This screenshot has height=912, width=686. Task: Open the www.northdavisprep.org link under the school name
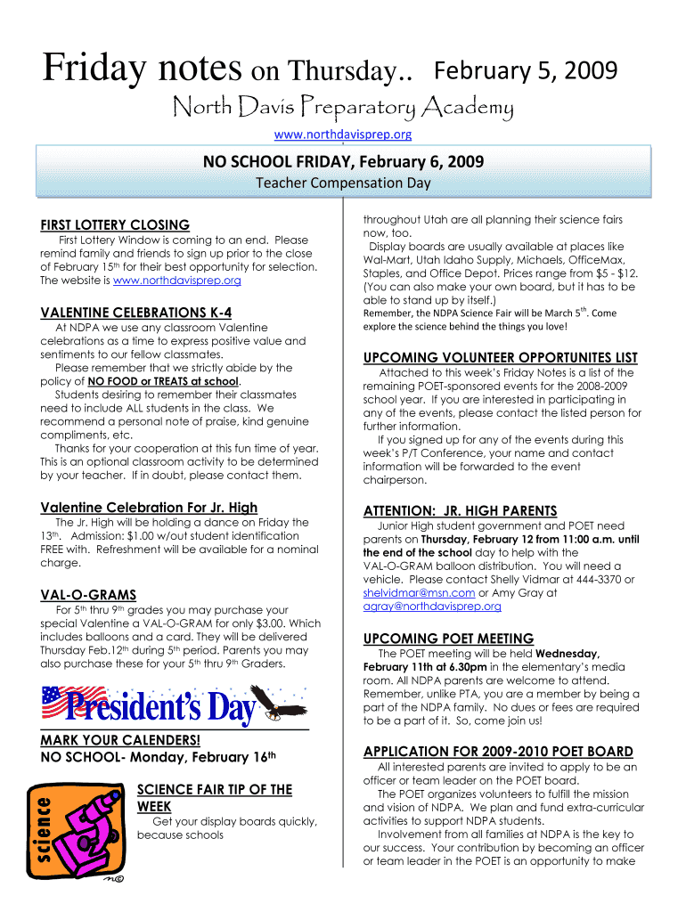click(343, 134)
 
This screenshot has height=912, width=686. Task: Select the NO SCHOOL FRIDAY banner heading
click(343, 161)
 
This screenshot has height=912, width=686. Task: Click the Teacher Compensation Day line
click(343, 183)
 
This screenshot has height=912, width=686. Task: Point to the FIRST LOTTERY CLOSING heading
click(115, 224)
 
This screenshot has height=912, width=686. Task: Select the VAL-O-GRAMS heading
click(88, 594)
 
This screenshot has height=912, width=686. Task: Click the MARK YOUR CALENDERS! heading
click(120, 741)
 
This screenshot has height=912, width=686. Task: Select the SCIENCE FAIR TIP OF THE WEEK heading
click(214, 797)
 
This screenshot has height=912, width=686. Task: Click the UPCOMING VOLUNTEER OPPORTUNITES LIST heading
click(500, 357)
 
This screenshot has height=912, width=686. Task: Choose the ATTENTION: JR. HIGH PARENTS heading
click(460, 510)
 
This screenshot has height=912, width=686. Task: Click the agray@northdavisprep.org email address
click(431, 606)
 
